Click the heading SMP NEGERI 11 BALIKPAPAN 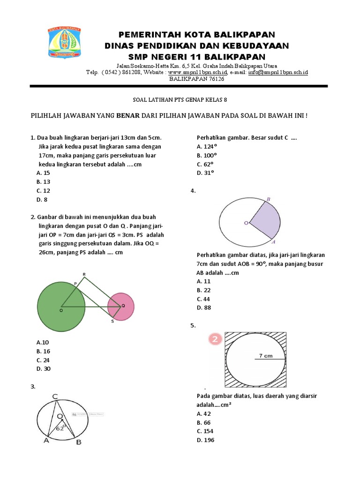197,57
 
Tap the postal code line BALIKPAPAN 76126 197,79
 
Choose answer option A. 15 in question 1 43,173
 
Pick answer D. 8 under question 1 42,200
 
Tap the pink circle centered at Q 121,307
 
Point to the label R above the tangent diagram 84,274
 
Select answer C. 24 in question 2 43,360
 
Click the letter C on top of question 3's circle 55,397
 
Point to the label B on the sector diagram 268,200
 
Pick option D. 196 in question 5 206,440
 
